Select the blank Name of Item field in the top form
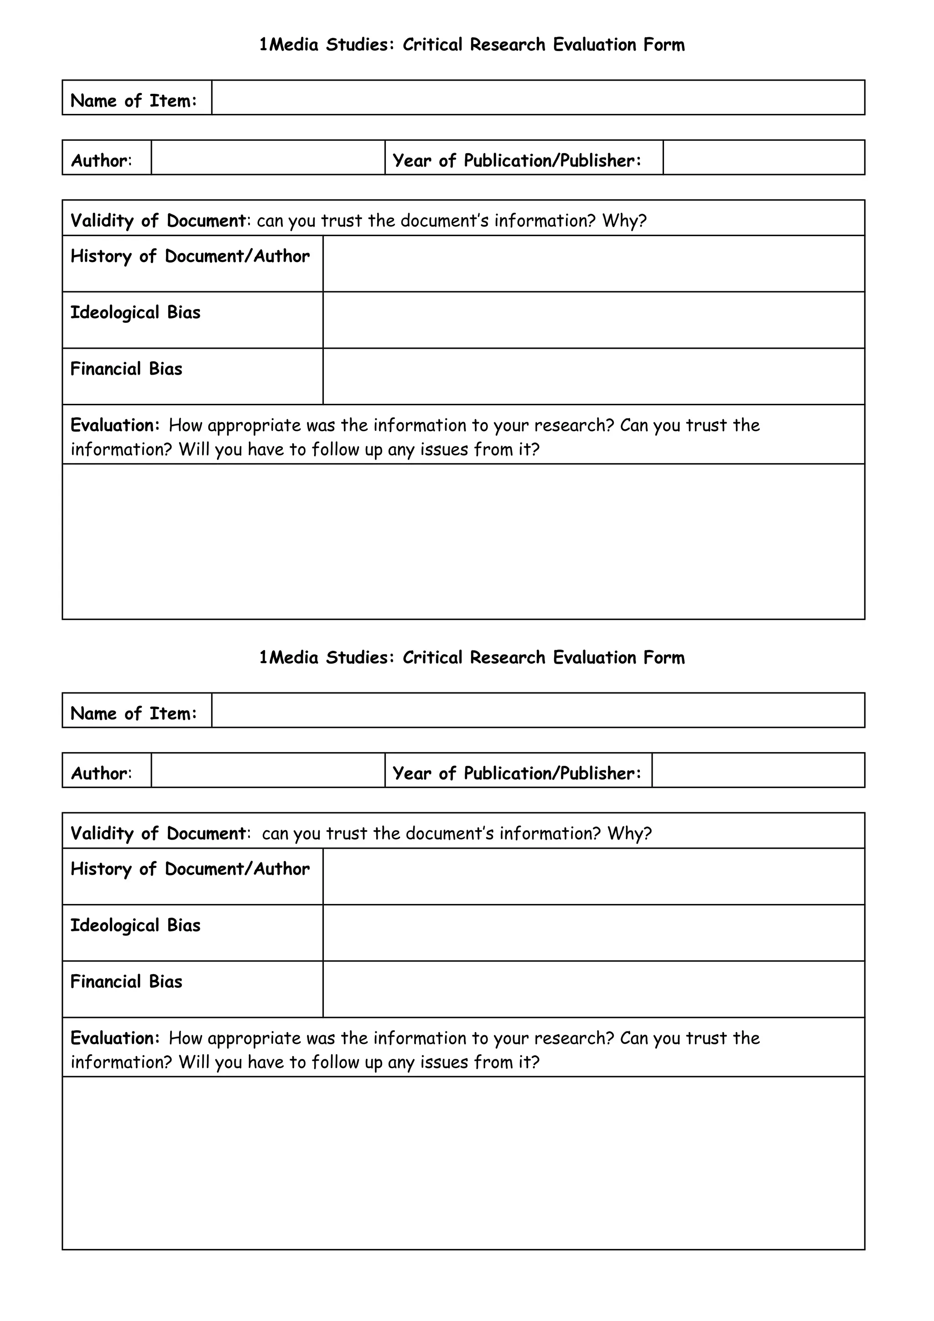pyautogui.click(x=538, y=98)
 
